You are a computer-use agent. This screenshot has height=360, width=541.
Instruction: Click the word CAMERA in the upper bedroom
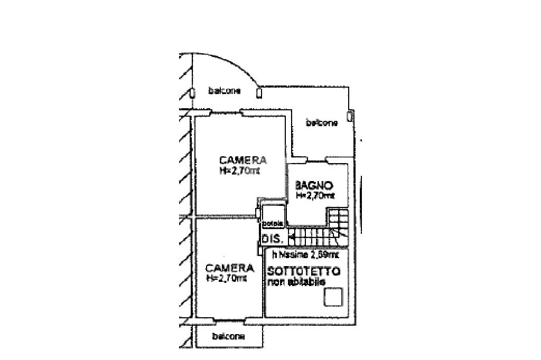[243, 160]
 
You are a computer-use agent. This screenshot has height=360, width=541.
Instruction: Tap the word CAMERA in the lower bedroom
[229, 268]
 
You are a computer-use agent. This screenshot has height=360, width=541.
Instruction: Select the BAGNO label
[314, 185]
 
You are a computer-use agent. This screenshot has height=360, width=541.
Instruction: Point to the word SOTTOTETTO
[303, 272]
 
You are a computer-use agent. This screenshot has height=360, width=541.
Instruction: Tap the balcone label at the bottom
[228, 336]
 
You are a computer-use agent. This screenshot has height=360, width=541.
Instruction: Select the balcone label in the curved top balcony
[225, 91]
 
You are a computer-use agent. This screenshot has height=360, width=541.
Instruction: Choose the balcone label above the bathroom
[322, 123]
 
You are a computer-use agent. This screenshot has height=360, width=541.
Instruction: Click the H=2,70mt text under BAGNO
[315, 195]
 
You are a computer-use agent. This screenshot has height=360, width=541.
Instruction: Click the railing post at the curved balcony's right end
[259, 93]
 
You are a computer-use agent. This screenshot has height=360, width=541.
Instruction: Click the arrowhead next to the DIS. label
[292, 238]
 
